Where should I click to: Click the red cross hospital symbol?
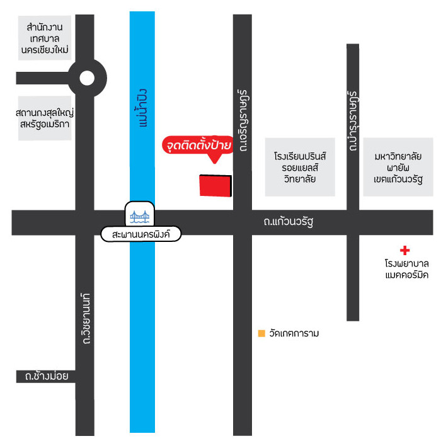(404, 250)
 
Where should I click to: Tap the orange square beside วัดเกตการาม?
(261, 333)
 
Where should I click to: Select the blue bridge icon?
(139, 217)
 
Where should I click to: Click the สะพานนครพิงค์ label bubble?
(140, 234)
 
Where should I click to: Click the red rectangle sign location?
(215, 185)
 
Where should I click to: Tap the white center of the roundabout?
(87, 78)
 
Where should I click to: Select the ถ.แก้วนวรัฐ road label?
(289, 222)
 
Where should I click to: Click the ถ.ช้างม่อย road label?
(47, 376)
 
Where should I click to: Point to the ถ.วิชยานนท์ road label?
(86, 319)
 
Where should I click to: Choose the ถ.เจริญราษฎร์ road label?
(243, 120)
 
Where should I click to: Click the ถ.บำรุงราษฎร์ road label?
(352, 121)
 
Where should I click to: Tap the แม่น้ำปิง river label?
(142, 108)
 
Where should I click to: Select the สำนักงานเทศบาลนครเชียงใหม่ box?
(45, 38)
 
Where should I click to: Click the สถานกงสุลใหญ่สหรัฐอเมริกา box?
(45, 118)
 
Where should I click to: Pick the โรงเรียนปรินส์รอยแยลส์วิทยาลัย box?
(300, 167)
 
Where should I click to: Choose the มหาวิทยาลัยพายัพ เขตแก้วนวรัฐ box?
(398, 167)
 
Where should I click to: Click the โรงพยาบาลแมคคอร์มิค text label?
(407, 269)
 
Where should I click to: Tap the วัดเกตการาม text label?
(294, 333)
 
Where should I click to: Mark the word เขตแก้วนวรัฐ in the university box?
(398, 179)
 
